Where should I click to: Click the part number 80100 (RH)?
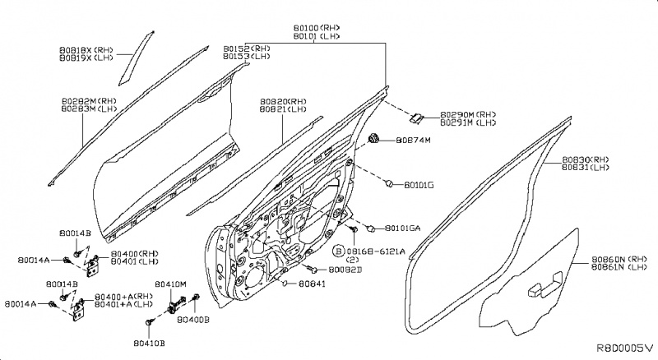[316, 28]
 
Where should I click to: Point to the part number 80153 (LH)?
[246, 57]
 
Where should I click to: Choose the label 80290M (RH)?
[469, 114]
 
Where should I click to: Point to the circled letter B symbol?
[338, 251]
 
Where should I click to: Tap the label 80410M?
[171, 284]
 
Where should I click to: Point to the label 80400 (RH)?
[136, 254]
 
